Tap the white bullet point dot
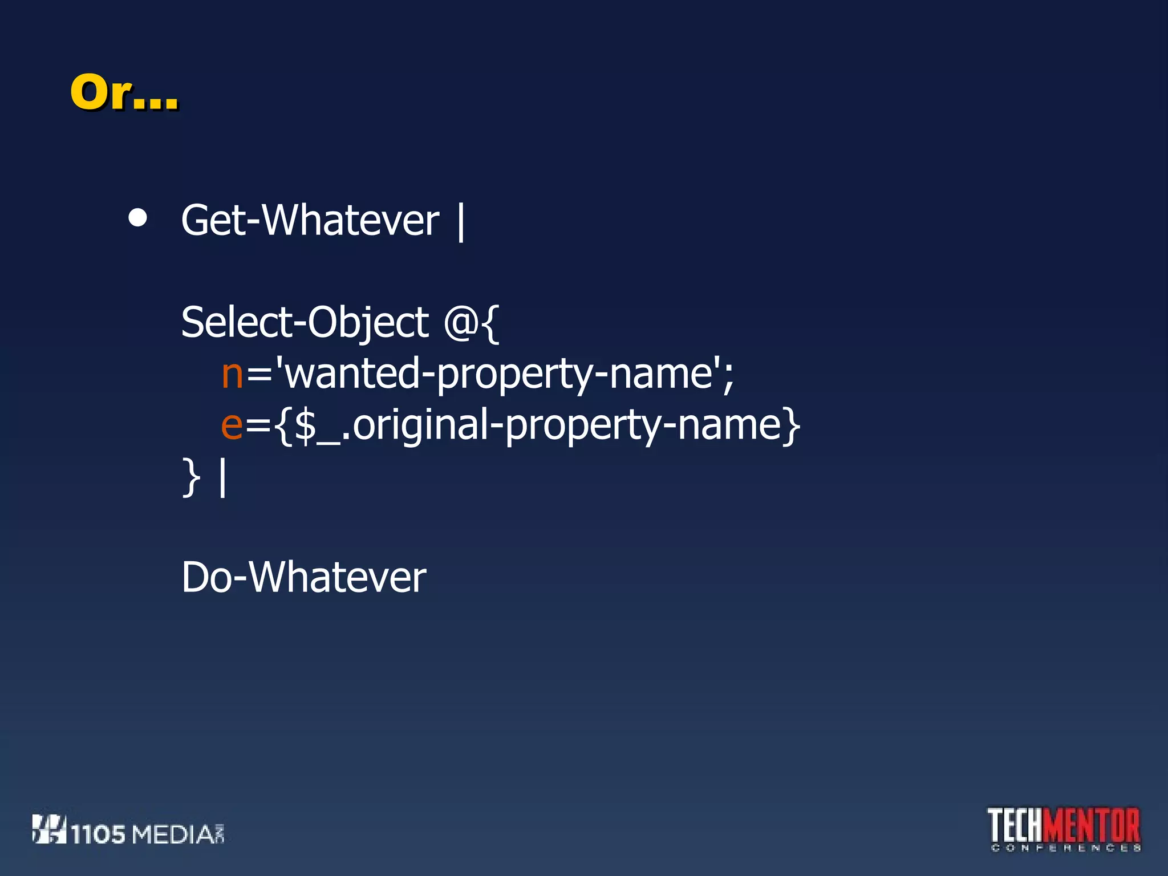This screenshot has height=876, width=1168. click(138, 218)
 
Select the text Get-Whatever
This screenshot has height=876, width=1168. click(310, 221)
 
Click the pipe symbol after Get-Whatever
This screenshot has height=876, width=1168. click(461, 222)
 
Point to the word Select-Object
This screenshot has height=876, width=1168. click(305, 323)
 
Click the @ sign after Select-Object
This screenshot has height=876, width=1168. click(459, 323)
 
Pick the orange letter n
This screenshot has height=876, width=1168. click(232, 374)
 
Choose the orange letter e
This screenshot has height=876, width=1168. click(232, 425)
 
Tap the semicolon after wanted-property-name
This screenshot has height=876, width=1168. click(728, 376)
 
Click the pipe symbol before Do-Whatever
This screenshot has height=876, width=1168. click(222, 478)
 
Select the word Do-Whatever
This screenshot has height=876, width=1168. click(303, 577)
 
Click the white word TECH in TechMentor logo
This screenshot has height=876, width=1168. click(1016, 825)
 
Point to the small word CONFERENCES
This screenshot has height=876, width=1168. click(1065, 848)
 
